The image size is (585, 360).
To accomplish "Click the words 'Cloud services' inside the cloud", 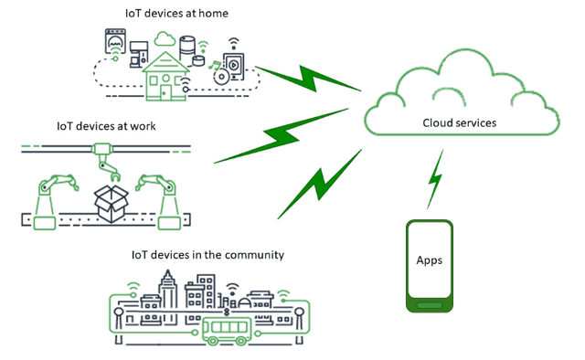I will (x=460, y=122).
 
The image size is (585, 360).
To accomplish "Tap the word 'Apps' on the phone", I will (x=429, y=260).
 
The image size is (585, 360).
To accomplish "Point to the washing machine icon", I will (x=115, y=45).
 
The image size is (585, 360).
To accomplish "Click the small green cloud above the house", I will (x=165, y=38).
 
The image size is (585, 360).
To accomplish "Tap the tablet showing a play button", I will (x=234, y=67).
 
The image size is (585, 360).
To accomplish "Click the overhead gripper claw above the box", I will (x=109, y=164).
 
